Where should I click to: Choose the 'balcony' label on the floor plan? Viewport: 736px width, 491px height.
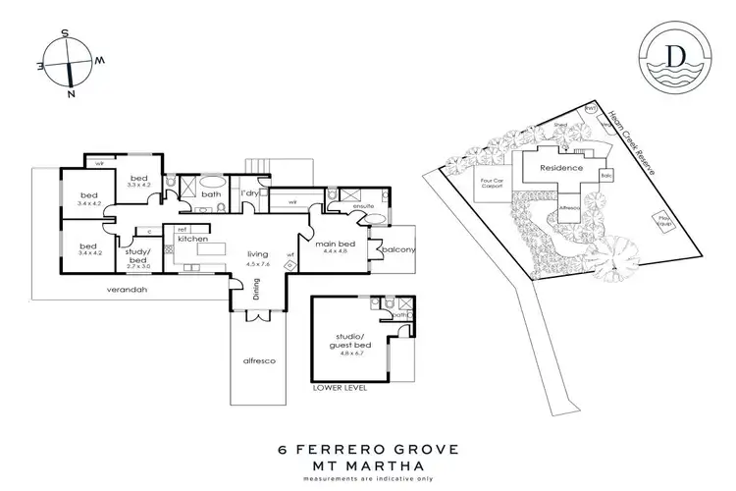[x=400, y=249]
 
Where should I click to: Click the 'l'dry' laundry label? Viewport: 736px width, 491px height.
[x=249, y=193]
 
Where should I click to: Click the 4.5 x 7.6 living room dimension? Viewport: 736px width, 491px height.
[x=257, y=263]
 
